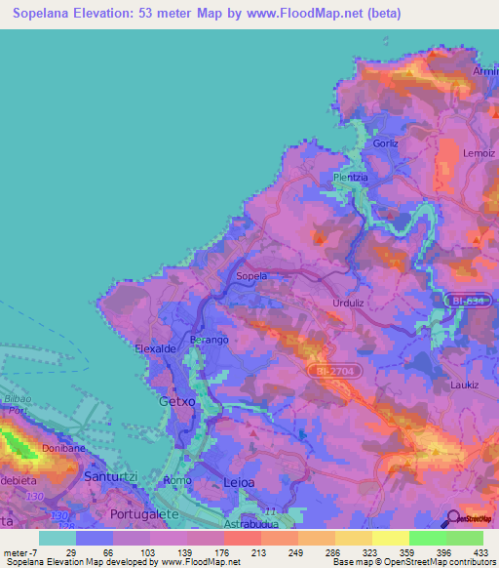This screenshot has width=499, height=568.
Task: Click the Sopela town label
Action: pyautogui.click(x=251, y=276)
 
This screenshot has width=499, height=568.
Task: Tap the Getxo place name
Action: pyautogui.click(x=177, y=400)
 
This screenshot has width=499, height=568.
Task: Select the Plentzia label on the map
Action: pyautogui.click(x=351, y=177)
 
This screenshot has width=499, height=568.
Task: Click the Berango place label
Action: pyautogui.click(x=209, y=339)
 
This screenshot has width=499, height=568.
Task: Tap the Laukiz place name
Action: pyautogui.click(x=464, y=385)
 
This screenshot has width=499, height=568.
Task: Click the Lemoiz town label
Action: pyautogui.click(x=480, y=152)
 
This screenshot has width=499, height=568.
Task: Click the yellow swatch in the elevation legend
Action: pyautogui.click(x=390, y=538)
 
